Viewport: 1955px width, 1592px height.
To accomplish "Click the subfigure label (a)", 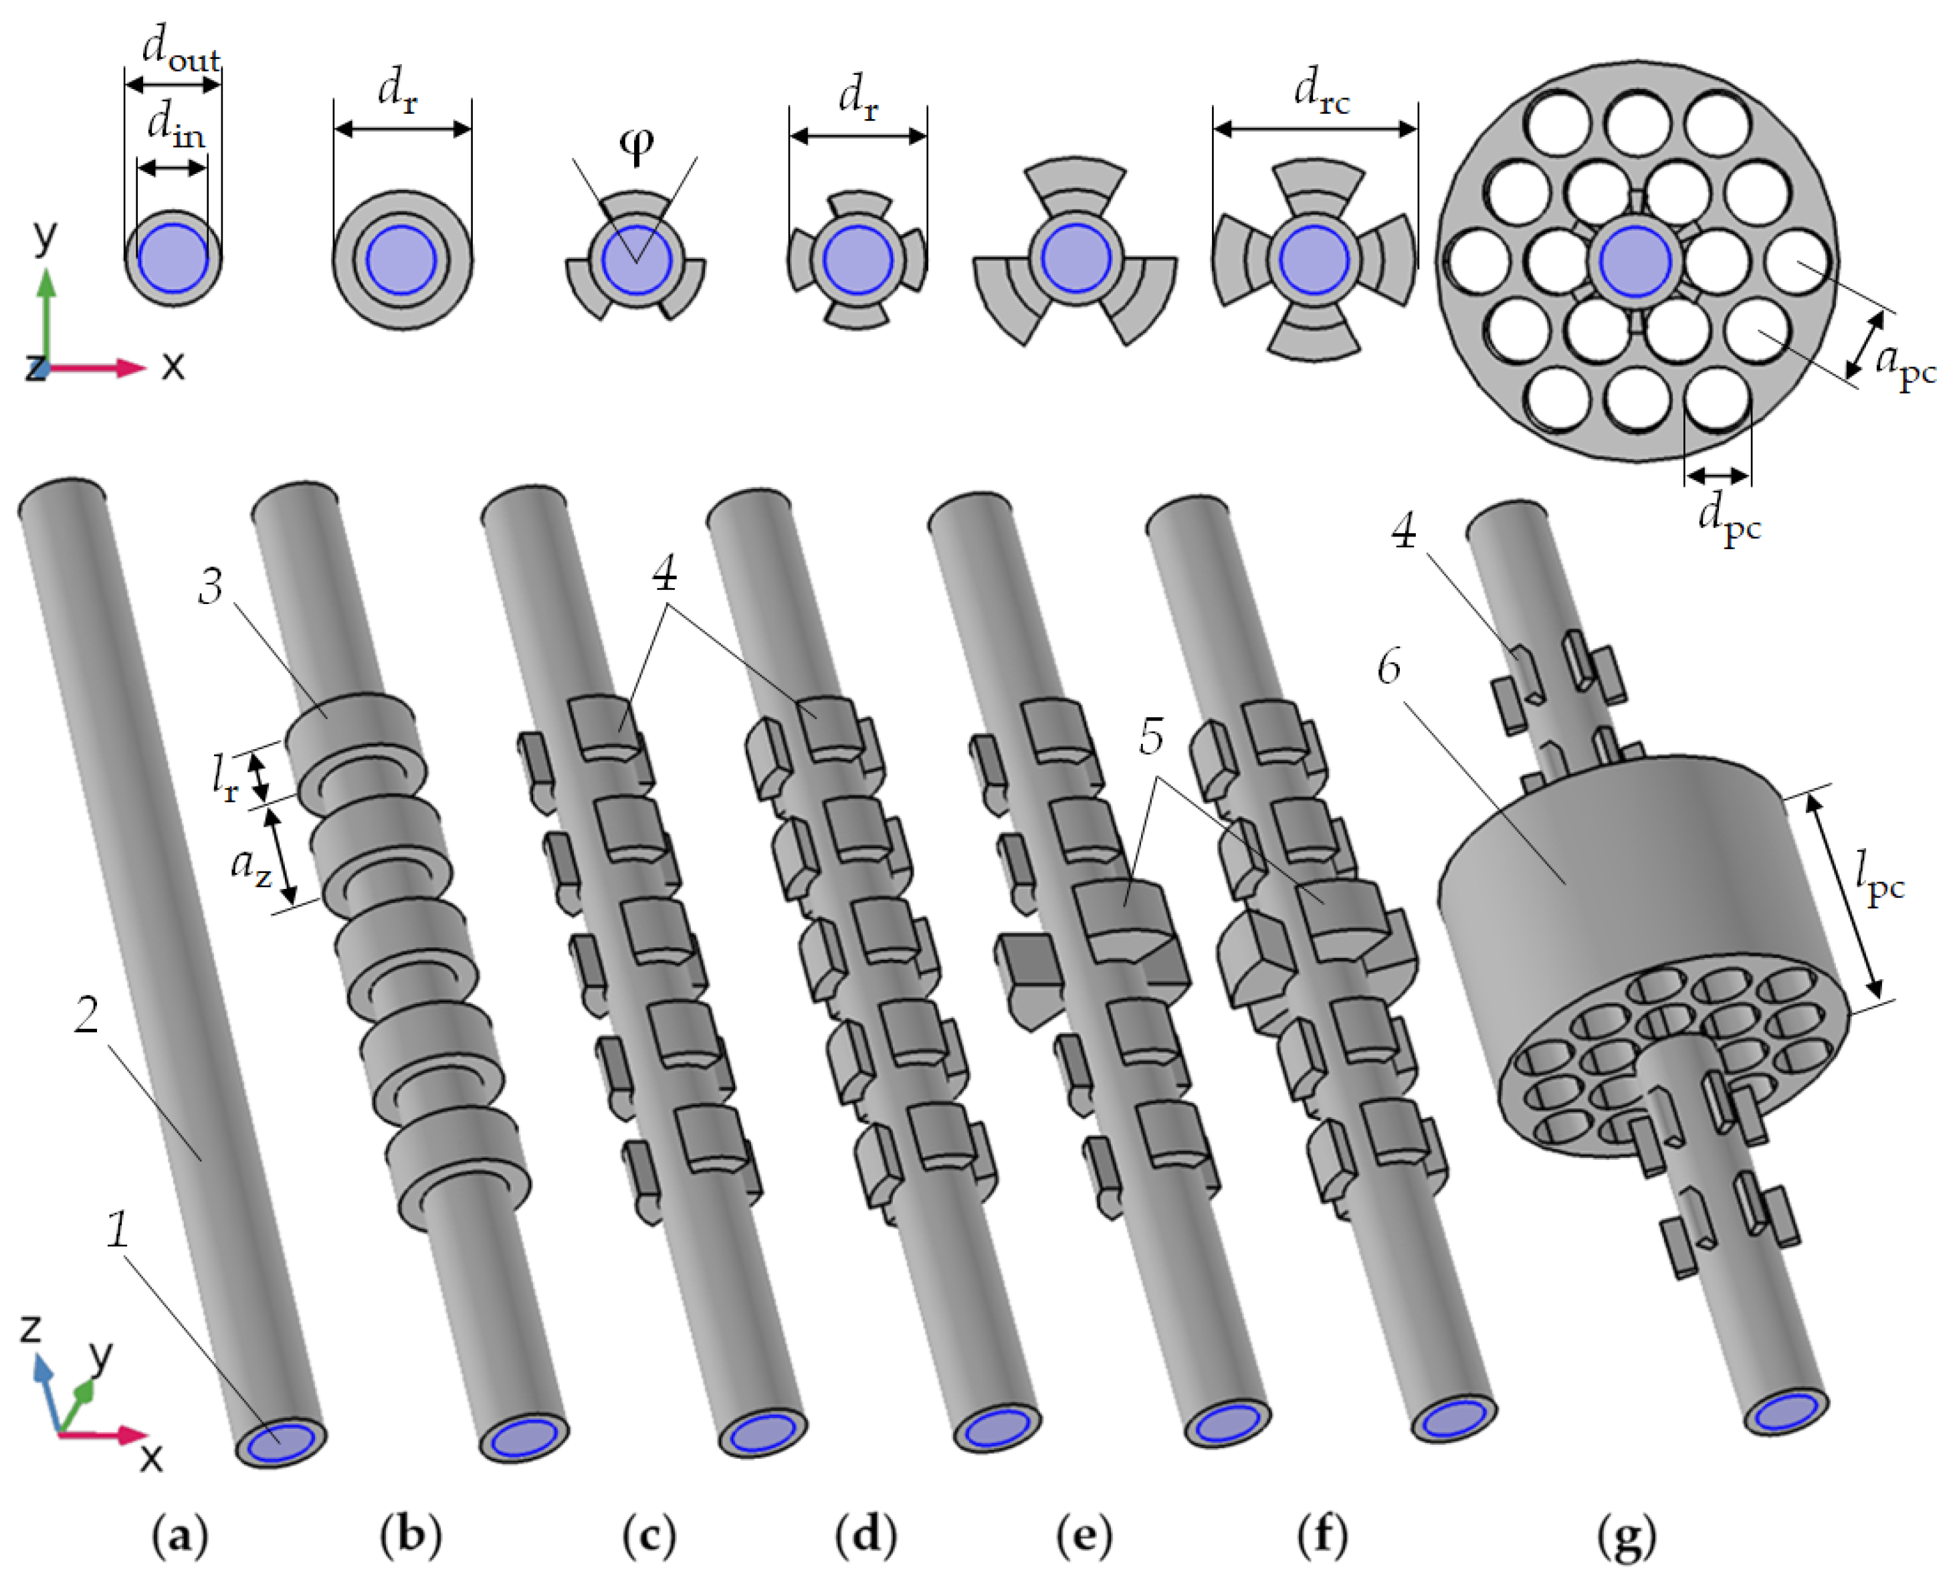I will (181, 1537).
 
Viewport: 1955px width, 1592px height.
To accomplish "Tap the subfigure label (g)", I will (1627, 1537).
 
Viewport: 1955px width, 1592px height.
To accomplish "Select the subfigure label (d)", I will (865, 1537).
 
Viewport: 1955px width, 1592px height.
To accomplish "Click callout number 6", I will (1389, 668).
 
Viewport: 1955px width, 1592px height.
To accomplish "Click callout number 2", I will (86, 1015).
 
